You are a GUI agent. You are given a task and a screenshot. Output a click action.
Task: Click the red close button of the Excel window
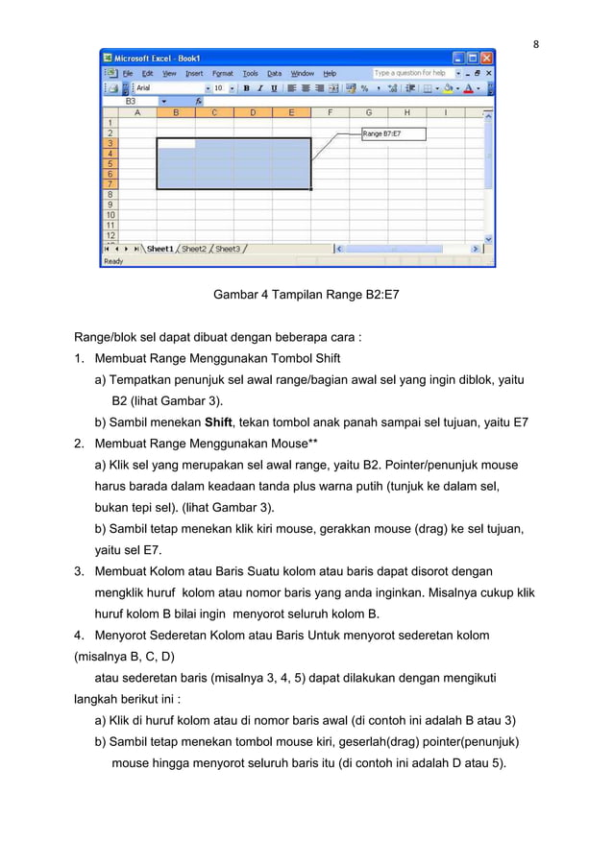click(x=487, y=58)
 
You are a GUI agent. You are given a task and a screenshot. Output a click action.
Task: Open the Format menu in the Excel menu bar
click(x=223, y=73)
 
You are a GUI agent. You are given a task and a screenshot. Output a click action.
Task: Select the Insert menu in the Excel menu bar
click(x=194, y=73)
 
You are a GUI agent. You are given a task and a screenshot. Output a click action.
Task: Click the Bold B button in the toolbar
click(x=246, y=88)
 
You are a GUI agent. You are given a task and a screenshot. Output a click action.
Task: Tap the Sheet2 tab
click(x=194, y=249)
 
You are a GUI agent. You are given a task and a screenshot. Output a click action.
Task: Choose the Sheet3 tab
click(x=228, y=249)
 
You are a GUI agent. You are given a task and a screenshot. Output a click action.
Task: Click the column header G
click(x=368, y=112)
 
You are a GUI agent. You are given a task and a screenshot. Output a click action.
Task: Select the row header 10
click(x=110, y=214)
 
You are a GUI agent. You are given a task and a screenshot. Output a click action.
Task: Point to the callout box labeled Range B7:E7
click(x=394, y=134)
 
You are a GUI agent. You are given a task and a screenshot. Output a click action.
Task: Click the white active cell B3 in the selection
click(x=175, y=143)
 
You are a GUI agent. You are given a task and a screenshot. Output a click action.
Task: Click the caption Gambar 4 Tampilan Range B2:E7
click(x=306, y=296)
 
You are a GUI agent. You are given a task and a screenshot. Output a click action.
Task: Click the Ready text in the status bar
click(x=114, y=261)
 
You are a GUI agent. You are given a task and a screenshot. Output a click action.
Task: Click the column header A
click(x=136, y=112)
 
